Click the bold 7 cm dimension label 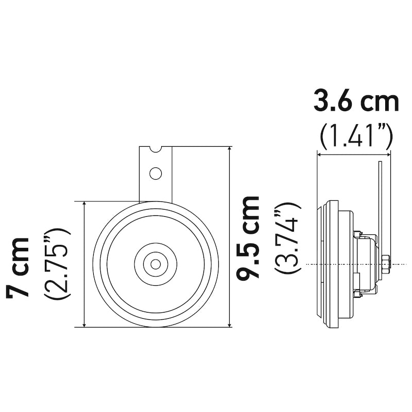17,267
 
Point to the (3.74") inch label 287,238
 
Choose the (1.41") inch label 356,136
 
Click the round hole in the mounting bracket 156,174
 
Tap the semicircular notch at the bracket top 155,149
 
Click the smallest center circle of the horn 156,264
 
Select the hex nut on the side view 385,264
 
